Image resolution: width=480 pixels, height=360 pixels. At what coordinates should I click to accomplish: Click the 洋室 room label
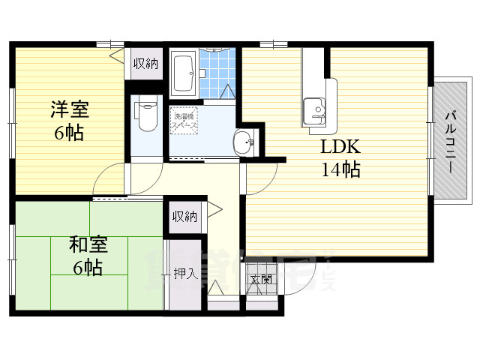70,110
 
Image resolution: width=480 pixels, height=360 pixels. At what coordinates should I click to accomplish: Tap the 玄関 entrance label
261,280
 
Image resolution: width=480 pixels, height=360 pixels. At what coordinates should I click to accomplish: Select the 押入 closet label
185,273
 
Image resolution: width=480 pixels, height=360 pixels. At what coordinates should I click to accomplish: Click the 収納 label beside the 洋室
145,64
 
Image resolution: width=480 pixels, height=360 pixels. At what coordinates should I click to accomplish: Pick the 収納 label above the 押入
184,217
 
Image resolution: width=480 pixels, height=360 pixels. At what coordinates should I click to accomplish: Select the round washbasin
243,140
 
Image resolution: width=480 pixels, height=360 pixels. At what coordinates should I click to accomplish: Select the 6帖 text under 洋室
68,133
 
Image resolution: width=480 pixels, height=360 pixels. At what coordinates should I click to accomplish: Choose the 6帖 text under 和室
88,267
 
